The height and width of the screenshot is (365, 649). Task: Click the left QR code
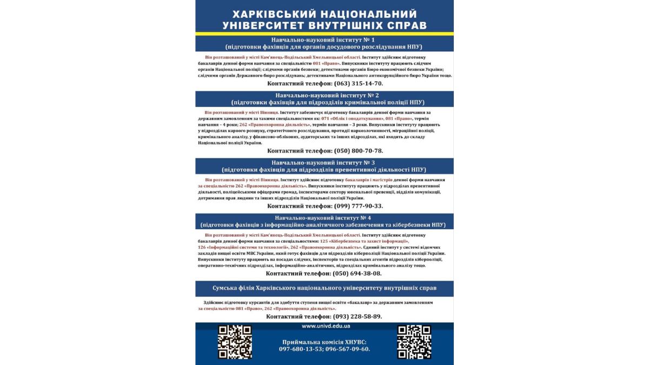coord(235,342)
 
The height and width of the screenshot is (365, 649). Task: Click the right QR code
coord(414,342)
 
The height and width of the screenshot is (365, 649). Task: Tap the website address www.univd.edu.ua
coord(326,326)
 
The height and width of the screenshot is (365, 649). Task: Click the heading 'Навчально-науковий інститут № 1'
coord(324,39)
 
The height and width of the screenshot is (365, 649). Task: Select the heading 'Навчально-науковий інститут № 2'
coord(324,95)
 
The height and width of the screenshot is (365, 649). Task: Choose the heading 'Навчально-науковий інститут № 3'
coord(324,162)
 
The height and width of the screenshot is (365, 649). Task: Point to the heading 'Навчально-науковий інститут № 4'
coord(324,217)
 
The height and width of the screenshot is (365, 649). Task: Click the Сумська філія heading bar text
coord(324,288)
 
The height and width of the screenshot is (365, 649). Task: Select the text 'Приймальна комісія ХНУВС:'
coord(325,342)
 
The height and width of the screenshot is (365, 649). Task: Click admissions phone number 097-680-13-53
coord(301,349)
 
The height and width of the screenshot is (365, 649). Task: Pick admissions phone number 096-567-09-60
coord(348,349)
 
